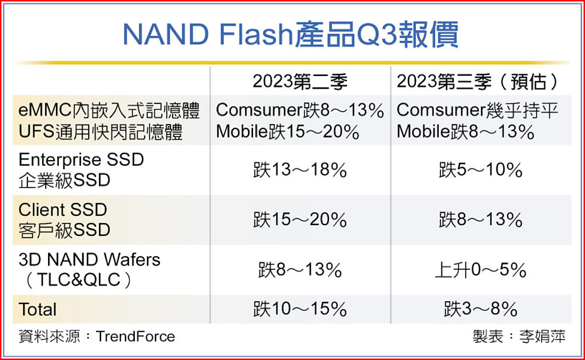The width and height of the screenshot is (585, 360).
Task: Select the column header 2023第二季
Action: tap(300, 82)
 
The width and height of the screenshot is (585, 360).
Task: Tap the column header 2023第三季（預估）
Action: tap(478, 82)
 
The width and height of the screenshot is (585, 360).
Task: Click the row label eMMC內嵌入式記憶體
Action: tap(109, 110)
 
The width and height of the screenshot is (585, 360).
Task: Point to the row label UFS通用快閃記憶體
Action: tap(101, 132)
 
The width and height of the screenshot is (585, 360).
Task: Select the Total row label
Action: tap(38, 309)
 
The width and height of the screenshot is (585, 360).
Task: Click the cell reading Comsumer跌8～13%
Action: tap(300, 110)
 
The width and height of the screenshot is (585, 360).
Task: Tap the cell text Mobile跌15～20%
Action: tap(287, 132)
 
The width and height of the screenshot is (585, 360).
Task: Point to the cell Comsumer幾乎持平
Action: tap(478, 110)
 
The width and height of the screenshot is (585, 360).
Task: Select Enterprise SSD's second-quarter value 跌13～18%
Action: tap(300, 170)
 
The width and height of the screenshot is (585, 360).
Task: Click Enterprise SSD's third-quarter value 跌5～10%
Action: tap(480, 170)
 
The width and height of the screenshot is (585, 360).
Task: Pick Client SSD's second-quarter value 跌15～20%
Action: tap(300, 219)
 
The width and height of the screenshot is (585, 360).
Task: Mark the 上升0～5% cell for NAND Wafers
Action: tap(480, 269)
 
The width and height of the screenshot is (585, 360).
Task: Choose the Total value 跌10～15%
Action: tap(300, 309)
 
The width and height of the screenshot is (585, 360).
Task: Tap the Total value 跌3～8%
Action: tap(480, 309)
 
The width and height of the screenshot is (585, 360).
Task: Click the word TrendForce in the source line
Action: tap(135, 336)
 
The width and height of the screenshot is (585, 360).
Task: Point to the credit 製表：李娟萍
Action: tap(519, 336)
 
